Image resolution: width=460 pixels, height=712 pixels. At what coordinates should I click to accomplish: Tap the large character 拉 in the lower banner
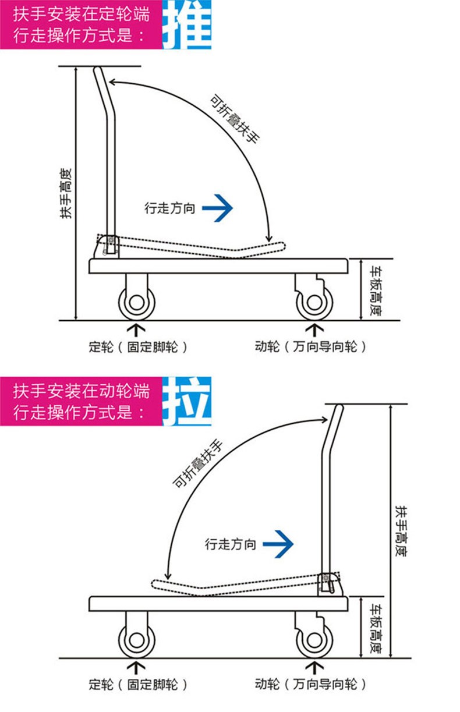click(x=186, y=401)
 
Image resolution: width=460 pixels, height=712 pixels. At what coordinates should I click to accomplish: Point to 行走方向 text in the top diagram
click(x=169, y=208)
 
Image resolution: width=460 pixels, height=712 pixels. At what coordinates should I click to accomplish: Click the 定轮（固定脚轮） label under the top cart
click(x=139, y=348)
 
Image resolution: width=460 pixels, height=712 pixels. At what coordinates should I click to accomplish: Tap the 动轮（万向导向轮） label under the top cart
click(x=312, y=348)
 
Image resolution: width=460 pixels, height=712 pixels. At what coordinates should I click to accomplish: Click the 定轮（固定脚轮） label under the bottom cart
click(x=139, y=685)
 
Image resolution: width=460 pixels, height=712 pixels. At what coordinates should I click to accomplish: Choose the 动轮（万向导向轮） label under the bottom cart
click(x=312, y=685)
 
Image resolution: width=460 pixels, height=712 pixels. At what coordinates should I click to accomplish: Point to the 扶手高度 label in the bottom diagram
click(x=401, y=530)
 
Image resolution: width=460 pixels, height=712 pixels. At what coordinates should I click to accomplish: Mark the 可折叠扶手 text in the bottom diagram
click(x=198, y=463)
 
